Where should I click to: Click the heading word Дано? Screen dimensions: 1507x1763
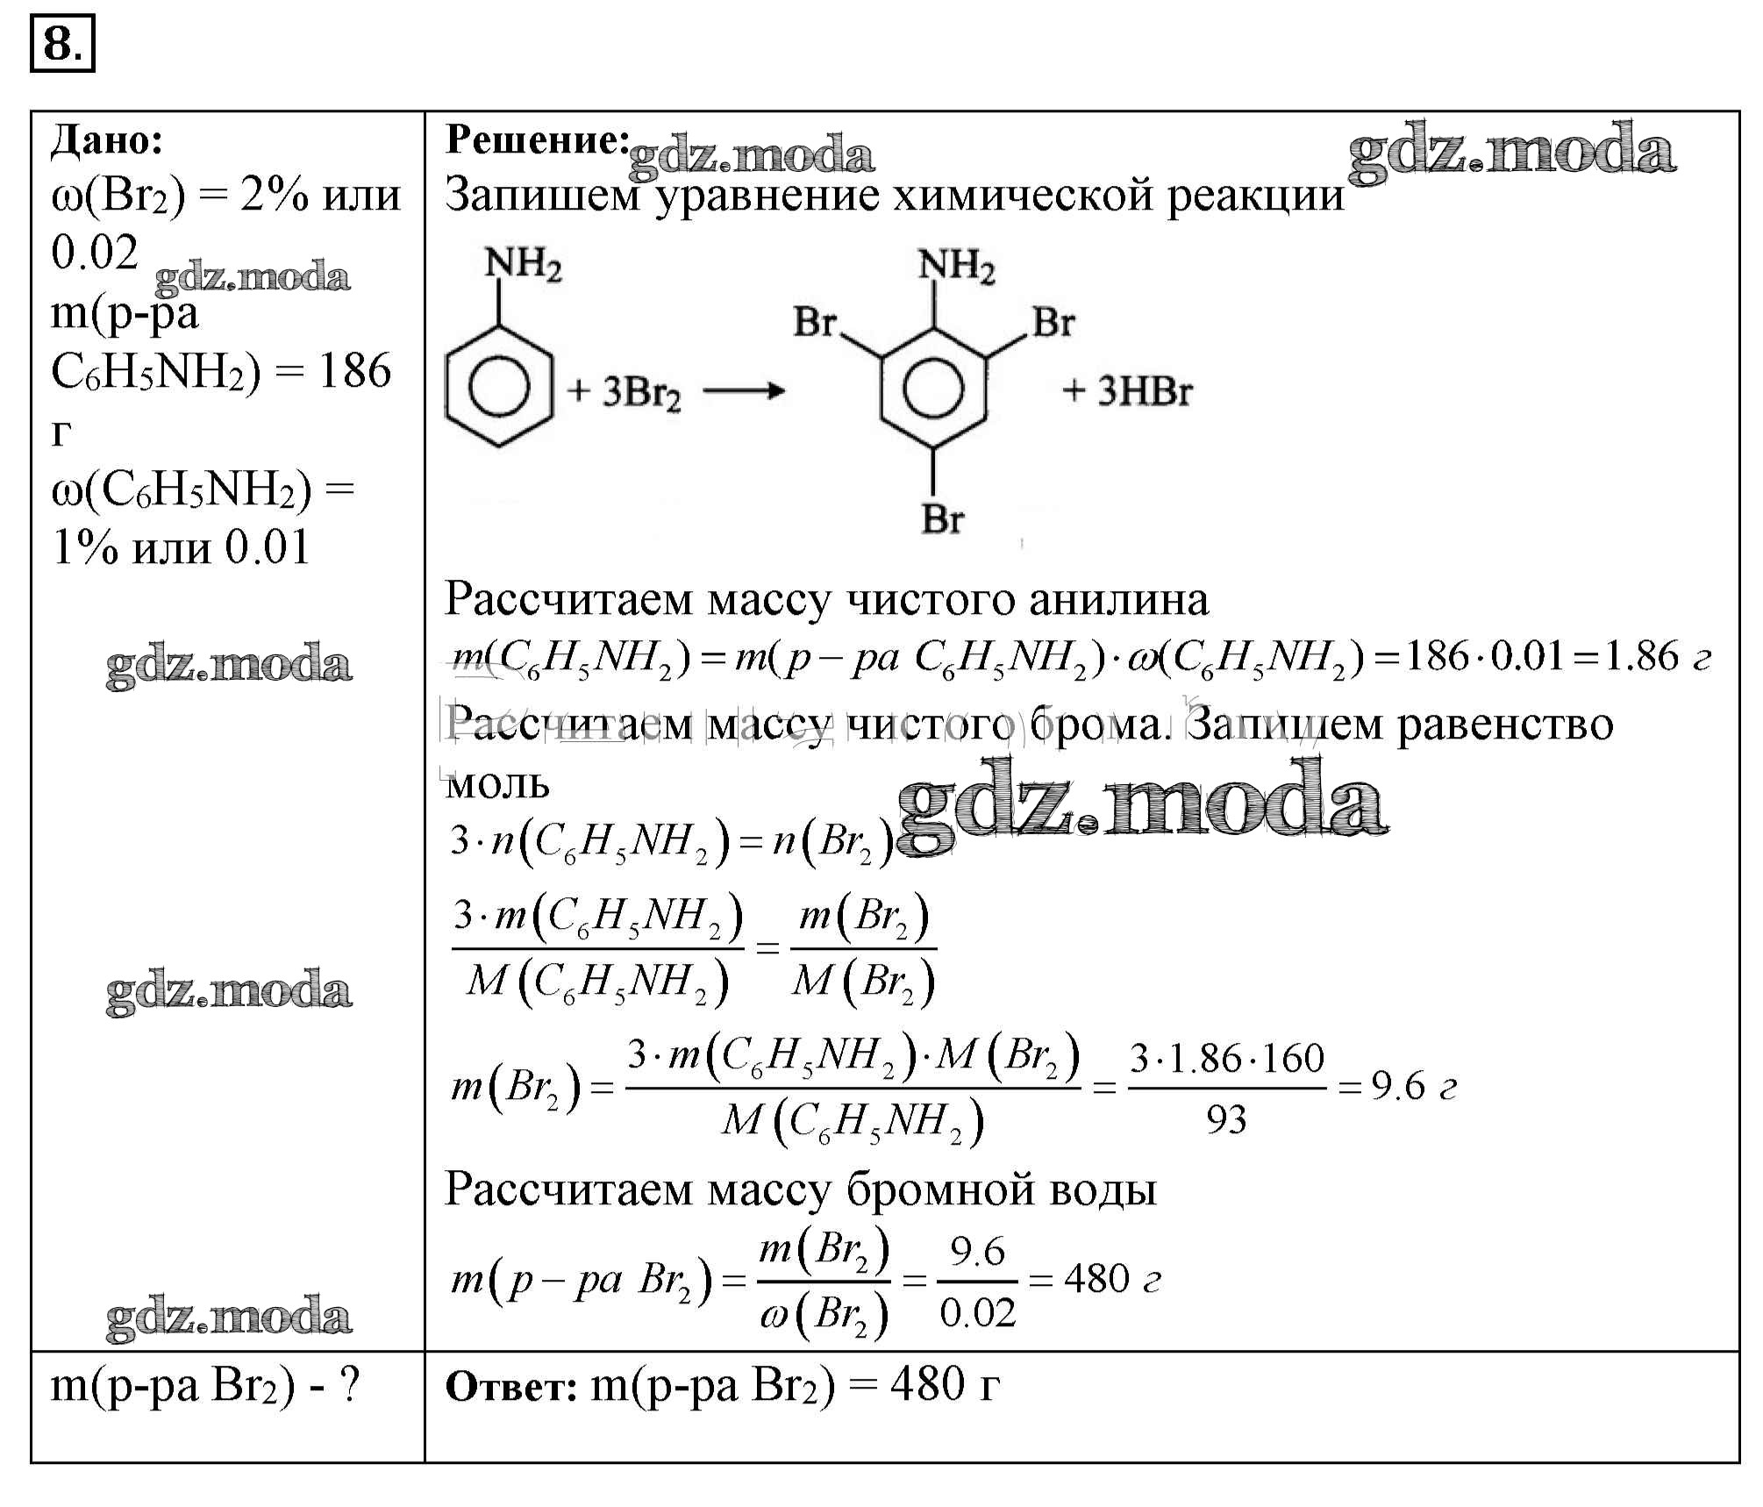coord(106,140)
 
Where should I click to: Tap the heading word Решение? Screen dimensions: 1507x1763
coord(537,140)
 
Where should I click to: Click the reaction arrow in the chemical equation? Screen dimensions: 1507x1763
coord(743,391)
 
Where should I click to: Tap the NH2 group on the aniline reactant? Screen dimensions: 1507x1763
coord(523,262)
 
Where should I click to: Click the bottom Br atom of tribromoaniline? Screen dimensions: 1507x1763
coord(942,519)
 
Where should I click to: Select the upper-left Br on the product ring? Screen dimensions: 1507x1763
coord(815,322)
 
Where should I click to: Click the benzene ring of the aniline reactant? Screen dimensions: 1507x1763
coord(499,387)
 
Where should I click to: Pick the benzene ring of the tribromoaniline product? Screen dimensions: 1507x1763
coord(933,387)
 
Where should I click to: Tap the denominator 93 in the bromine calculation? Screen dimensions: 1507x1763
coord(1225,1120)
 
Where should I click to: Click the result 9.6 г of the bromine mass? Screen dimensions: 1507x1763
coord(1412,1088)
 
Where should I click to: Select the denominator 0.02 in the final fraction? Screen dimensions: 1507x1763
coord(977,1313)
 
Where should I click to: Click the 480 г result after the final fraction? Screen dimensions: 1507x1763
coord(1110,1280)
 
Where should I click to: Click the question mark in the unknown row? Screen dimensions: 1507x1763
coord(349,1386)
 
